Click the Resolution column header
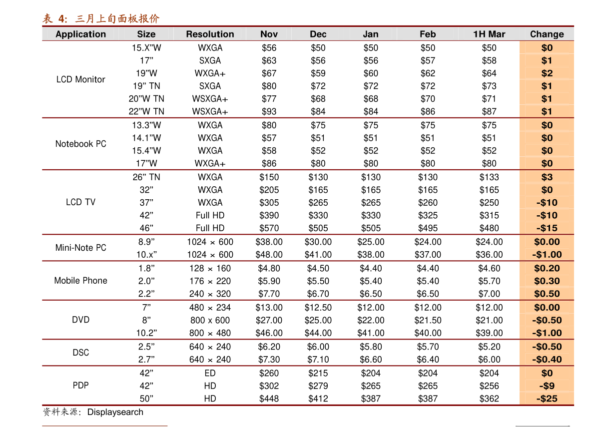210,34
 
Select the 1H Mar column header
489,34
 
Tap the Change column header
547,34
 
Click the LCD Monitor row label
80,79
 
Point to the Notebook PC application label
80,144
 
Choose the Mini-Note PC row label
80,248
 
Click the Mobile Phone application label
80,281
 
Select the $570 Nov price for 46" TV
269,228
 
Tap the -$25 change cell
547,399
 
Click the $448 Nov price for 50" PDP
269,399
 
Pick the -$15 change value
547,228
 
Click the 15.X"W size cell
146,48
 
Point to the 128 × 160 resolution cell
210,269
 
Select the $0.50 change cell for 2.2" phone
547,294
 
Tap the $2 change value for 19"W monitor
547,73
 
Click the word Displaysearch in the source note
115,412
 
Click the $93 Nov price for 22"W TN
269,111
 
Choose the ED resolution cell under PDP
210,373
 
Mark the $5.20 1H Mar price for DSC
489,347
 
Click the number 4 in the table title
62,18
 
